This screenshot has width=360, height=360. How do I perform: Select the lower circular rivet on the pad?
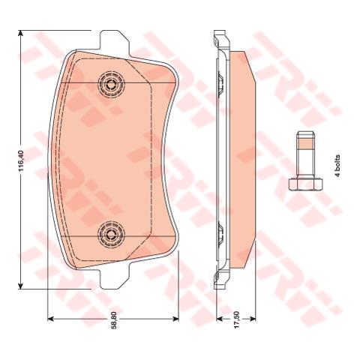[111, 234]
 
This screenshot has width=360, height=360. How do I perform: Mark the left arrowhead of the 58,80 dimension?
[50, 319]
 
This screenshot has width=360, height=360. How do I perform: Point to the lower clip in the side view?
[220, 234]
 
